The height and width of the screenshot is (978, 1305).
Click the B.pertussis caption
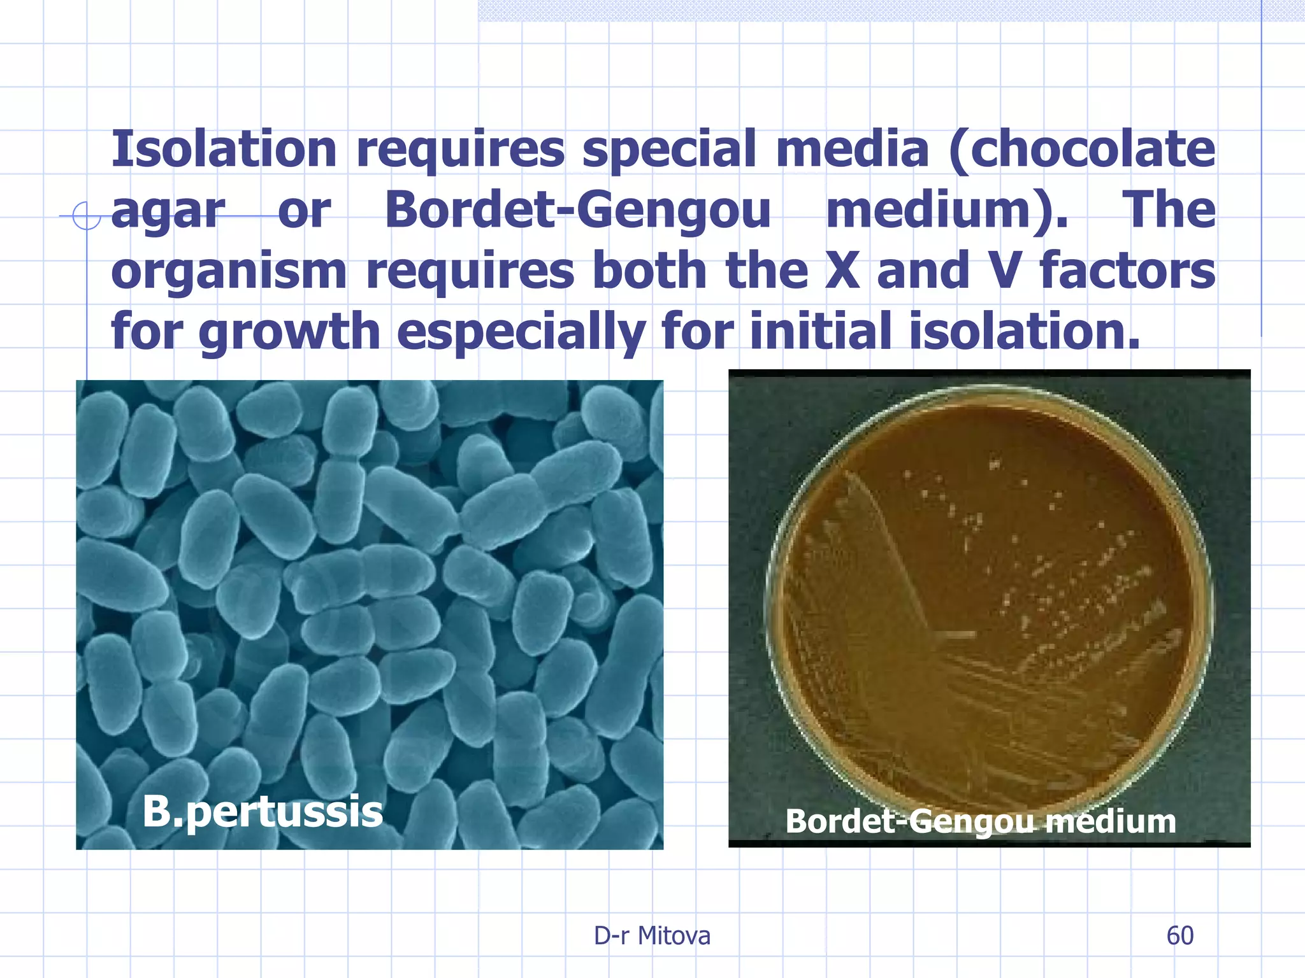point(262,812)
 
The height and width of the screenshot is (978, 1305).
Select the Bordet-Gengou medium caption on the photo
point(980,821)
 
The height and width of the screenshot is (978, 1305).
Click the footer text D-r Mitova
point(652,936)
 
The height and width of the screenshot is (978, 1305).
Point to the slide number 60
point(1179,936)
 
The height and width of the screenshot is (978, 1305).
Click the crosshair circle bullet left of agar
point(86,216)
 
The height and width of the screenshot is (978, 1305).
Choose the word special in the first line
point(668,150)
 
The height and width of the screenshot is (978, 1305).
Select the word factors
point(1127,271)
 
